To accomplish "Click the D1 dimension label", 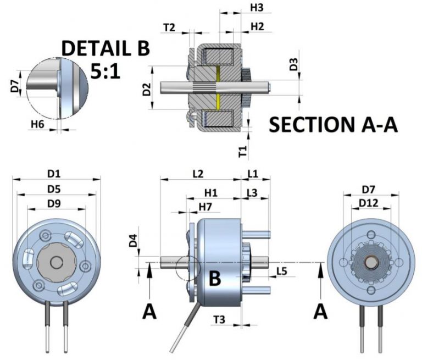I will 53,174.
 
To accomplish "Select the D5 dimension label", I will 53,189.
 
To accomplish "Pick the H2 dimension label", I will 257,26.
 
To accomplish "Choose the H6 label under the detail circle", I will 37,125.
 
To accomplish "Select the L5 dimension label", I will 281,272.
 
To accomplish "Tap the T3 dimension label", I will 219,319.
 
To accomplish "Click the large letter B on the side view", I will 215,279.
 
